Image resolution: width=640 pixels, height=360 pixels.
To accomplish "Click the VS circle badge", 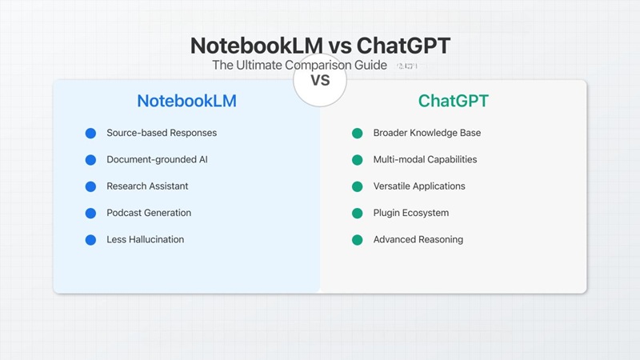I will (x=320, y=80).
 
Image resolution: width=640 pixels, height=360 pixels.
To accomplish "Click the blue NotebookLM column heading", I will (x=186, y=102).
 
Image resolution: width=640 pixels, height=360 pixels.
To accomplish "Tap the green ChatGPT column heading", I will (x=453, y=102).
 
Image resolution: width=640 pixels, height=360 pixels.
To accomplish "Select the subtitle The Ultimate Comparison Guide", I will (x=299, y=66).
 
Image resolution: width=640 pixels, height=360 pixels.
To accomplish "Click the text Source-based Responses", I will (x=162, y=133).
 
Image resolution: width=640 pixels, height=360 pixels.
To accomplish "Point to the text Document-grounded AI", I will (x=158, y=159).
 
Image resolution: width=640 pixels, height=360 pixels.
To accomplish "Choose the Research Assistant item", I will (x=147, y=186).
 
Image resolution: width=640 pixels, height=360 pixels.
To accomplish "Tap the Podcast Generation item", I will (x=149, y=213).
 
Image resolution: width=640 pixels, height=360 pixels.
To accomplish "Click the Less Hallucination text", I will (x=145, y=239).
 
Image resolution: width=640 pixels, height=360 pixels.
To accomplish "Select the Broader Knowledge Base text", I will (x=427, y=133).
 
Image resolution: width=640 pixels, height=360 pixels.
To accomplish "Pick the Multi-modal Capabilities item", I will (x=425, y=159).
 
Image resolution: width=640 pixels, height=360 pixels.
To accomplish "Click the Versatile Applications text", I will (x=419, y=186).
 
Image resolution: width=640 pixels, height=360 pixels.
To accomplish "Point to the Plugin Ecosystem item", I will (x=411, y=213).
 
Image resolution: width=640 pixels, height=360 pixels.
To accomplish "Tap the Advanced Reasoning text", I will (x=418, y=239).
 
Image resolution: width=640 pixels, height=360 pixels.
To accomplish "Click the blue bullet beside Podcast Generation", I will (x=90, y=213).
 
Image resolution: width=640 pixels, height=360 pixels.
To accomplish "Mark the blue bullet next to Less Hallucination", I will (x=90, y=239).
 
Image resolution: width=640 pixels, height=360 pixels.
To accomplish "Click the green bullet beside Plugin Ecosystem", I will (x=357, y=213).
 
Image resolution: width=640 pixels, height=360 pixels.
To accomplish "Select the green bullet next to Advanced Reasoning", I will (x=357, y=239).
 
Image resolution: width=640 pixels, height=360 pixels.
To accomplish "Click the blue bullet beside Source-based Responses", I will (x=90, y=133).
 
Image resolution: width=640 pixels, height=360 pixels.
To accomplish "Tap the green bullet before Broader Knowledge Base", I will (x=357, y=133).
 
